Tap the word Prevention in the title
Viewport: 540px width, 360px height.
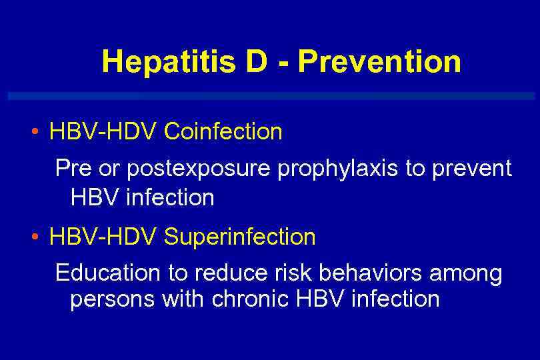(379, 62)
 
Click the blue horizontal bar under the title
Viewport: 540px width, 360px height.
(270, 96)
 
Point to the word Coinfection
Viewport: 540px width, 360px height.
(223, 132)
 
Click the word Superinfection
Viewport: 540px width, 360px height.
(240, 237)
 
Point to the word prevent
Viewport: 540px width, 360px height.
(472, 169)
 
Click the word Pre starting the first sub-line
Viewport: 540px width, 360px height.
(73, 168)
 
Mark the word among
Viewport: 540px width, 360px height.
(467, 274)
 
